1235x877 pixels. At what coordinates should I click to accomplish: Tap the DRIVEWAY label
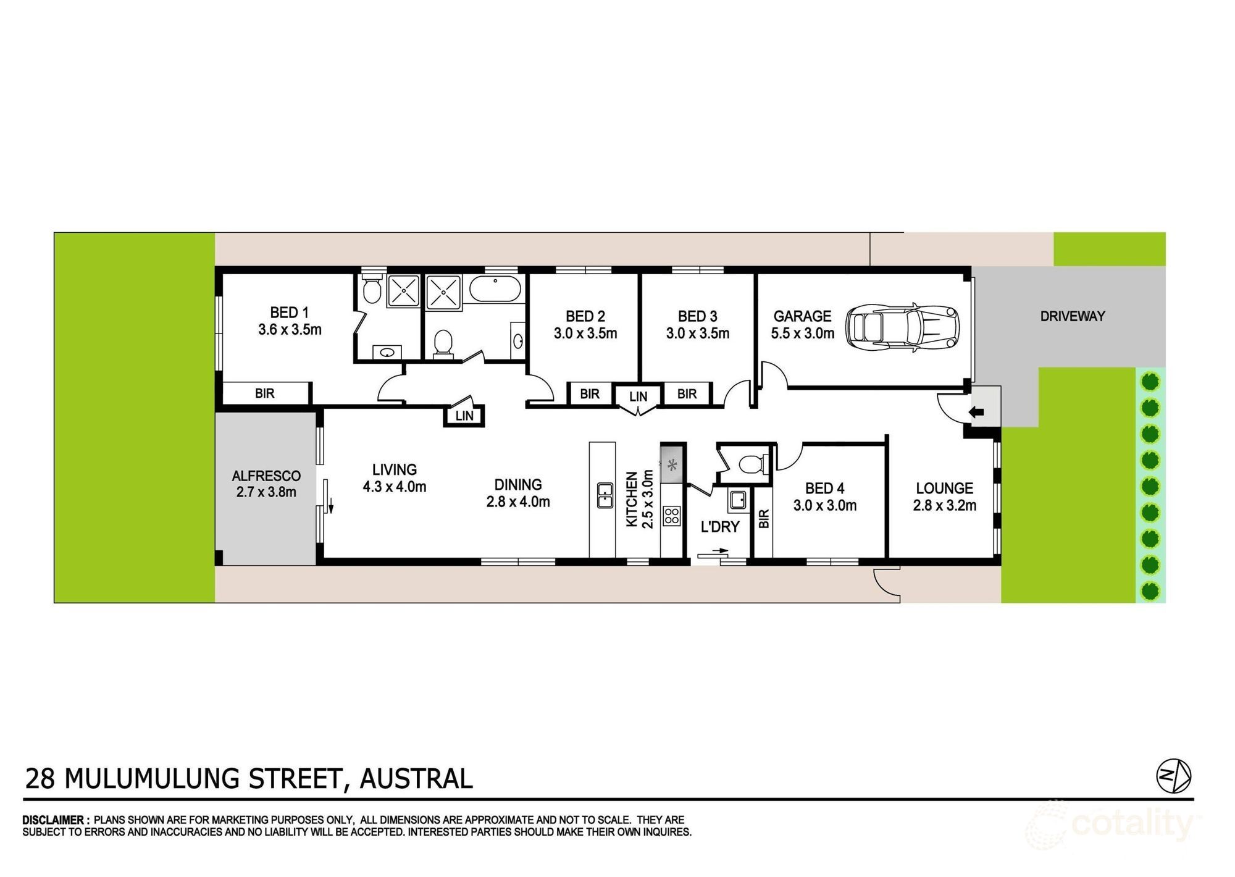pyautogui.click(x=1072, y=316)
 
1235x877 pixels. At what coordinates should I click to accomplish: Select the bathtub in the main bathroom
pyautogui.click(x=495, y=289)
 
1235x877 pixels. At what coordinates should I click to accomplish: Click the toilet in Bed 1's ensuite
pyautogui.click(x=371, y=290)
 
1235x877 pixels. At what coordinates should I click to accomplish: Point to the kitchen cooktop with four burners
pyautogui.click(x=671, y=516)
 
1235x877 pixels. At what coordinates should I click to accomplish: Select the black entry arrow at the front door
pyautogui.click(x=976, y=412)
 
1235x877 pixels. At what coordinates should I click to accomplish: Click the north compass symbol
pyautogui.click(x=1173, y=776)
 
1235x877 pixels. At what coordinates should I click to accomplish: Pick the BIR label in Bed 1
pyautogui.click(x=264, y=393)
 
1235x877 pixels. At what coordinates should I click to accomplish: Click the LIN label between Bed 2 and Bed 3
pyautogui.click(x=638, y=397)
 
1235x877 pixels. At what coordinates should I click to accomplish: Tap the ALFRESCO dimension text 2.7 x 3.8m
pyautogui.click(x=266, y=492)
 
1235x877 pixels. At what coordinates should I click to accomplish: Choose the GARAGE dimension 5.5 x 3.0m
pyautogui.click(x=802, y=334)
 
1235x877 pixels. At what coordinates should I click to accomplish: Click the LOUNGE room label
pyautogui.click(x=944, y=488)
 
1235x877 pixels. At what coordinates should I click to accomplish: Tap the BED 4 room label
pyautogui.click(x=824, y=488)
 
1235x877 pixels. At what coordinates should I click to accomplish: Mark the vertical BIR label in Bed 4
pyautogui.click(x=764, y=518)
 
